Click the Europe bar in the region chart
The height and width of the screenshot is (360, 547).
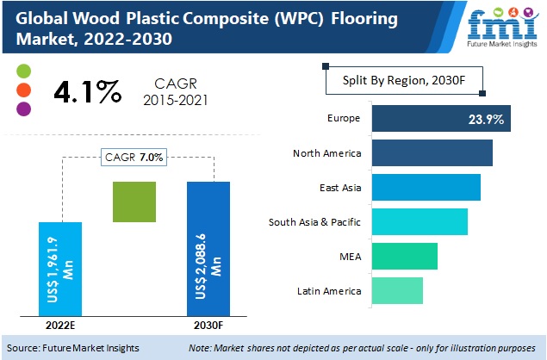click(441, 118)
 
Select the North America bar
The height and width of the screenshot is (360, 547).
click(432, 153)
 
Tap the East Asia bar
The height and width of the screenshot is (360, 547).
click(426, 187)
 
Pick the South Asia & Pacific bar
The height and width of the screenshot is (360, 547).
click(419, 221)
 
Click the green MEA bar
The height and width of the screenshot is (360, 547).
click(404, 256)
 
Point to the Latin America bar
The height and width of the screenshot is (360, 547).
click(397, 290)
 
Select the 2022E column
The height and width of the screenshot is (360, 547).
click(60, 269)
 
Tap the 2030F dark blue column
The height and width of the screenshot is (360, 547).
click(208, 249)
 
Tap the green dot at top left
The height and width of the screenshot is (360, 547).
click(24, 71)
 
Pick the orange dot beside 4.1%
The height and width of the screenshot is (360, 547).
click(24, 90)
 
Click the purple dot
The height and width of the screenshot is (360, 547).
click(24, 109)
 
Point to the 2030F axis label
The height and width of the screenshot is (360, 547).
click(208, 326)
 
